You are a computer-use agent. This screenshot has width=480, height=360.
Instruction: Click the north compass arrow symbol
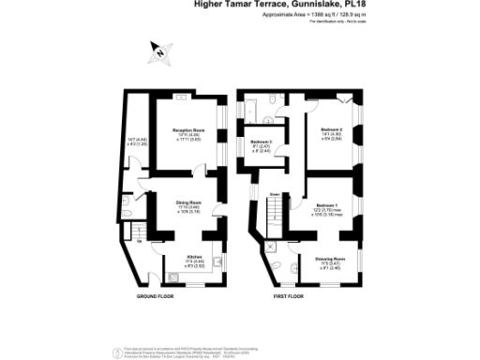tap(161, 53)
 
